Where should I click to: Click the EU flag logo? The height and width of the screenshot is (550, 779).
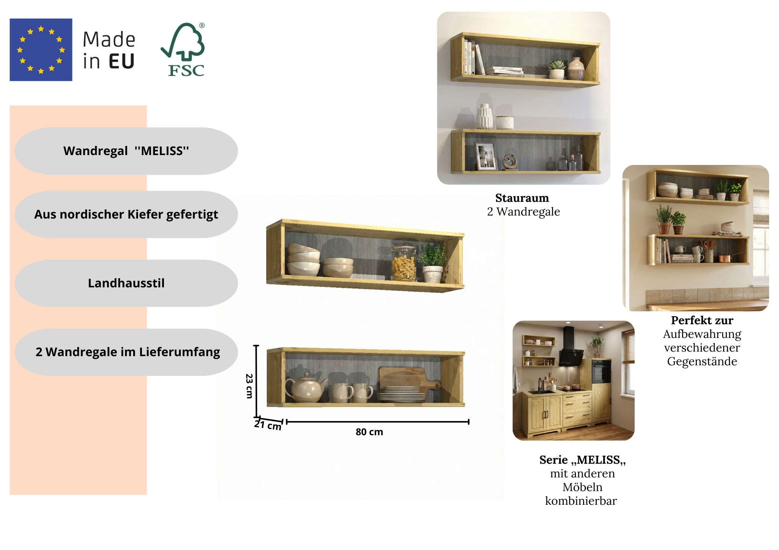[41, 50]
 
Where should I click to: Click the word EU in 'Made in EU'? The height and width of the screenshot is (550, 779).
[121, 62]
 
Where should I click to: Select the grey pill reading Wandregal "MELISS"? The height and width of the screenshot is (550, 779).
[126, 151]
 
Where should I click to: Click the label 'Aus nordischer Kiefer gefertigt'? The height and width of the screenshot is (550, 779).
[126, 214]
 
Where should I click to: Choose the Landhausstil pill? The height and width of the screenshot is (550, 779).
[126, 283]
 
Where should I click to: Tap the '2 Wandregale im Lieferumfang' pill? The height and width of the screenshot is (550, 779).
[127, 352]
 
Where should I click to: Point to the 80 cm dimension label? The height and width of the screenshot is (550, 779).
[369, 432]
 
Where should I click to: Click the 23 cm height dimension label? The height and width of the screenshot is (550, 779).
[249, 386]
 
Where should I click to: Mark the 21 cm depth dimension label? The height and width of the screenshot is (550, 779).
[267, 425]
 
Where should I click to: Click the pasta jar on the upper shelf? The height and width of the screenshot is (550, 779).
[404, 263]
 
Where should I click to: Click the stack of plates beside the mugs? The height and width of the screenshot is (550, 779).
[401, 395]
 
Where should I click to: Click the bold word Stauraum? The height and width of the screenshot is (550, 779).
[522, 198]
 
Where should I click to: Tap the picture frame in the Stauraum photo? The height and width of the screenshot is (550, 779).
[486, 156]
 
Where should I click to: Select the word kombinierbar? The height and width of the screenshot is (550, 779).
[581, 501]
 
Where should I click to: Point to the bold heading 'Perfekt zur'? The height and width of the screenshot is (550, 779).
[702, 320]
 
